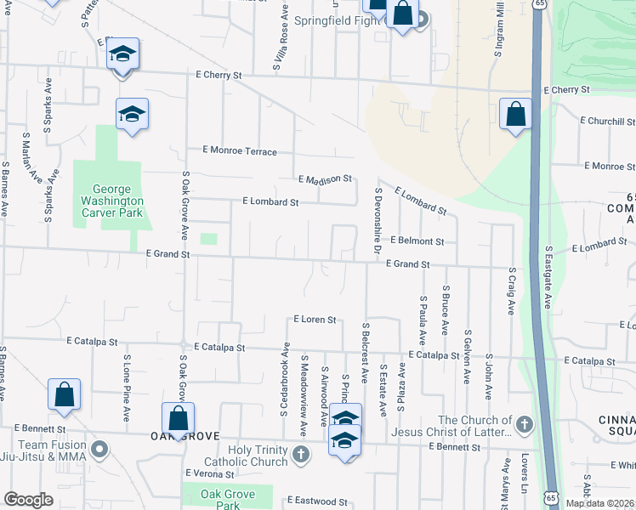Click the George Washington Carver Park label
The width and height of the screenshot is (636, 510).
(x=112, y=201)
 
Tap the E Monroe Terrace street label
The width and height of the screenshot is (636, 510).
(x=240, y=151)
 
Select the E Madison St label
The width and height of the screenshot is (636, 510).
(x=326, y=179)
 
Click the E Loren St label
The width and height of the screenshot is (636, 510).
(x=315, y=320)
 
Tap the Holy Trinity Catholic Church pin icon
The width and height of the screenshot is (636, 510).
(x=300, y=456)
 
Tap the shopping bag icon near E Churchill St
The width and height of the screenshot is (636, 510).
(x=515, y=114)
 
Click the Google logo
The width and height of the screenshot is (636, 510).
(x=28, y=500)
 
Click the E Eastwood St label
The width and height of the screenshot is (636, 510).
(x=318, y=501)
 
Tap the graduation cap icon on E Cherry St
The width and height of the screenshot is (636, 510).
(x=122, y=56)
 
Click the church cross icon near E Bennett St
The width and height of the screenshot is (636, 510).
(x=525, y=423)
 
